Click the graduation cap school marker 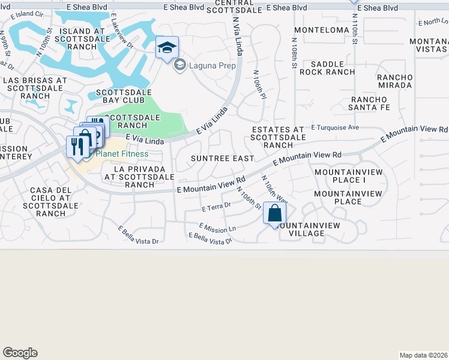click(167, 48)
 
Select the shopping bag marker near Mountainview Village click(274, 213)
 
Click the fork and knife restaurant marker click(76, 146)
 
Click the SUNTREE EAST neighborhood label click(222, 158)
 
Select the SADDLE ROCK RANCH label click(328, 68)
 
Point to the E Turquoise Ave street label click(334, 127)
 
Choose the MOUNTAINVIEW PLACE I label click(340, 176)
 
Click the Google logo click(20, 353)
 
